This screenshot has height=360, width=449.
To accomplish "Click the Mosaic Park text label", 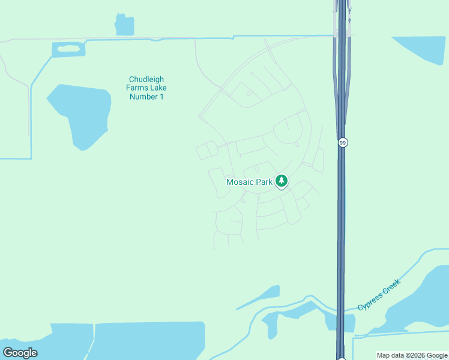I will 249,182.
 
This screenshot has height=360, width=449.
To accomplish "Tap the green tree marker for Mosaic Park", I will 281,181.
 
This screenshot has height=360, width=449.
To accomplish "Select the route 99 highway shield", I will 343,143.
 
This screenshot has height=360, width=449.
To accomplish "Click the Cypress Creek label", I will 379,295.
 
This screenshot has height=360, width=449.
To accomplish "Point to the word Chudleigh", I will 146,79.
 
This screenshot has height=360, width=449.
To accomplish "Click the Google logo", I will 20,352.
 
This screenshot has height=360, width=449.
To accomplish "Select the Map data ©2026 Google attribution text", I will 412,356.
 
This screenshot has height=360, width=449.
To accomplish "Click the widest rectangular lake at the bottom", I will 150,340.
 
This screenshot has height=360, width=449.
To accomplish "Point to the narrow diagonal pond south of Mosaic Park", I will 260,298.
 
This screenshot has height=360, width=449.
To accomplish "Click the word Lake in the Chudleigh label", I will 157,88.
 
